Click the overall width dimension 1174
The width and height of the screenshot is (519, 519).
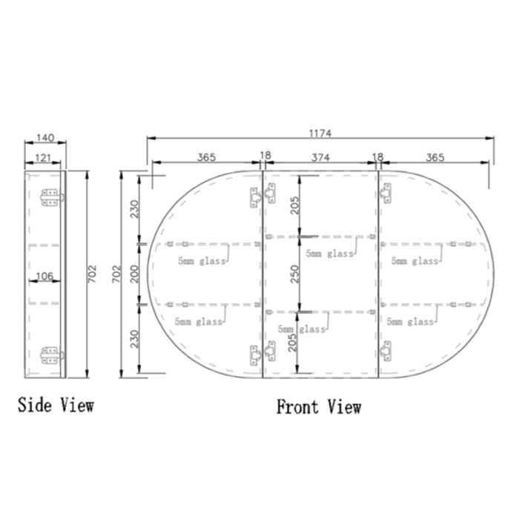(320, 133)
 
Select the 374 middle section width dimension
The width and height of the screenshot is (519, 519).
(320, 156)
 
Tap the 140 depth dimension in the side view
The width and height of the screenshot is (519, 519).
(44, 138)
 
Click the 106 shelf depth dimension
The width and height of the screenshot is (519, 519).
(44, 277)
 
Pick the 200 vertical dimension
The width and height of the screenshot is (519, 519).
(134, 274)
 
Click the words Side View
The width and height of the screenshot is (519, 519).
(56, 405)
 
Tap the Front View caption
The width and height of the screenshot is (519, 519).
(319, 407)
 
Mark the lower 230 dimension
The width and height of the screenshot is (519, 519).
(134, 340)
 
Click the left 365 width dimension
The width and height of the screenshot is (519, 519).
(206, 156)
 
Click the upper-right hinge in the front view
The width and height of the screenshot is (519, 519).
(386, 194)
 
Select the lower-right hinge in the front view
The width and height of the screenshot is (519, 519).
(386, 351)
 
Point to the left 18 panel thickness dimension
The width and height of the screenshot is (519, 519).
(265, 156)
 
